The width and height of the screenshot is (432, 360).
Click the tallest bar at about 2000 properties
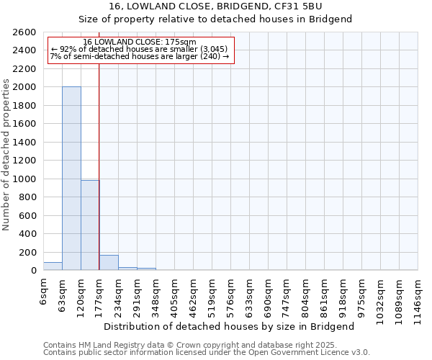pos(71,179)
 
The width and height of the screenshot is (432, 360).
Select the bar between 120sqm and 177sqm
pos(90,225)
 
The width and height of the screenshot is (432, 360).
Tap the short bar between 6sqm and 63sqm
pos(53,266)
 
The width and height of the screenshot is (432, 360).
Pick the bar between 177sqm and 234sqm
pos(109,263)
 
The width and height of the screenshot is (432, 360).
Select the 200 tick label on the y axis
pos(29,253)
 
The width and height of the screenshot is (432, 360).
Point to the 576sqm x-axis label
pos(231,297)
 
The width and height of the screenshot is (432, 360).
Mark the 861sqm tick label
pos(325,297)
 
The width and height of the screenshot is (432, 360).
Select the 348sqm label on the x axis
pos(156,297)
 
